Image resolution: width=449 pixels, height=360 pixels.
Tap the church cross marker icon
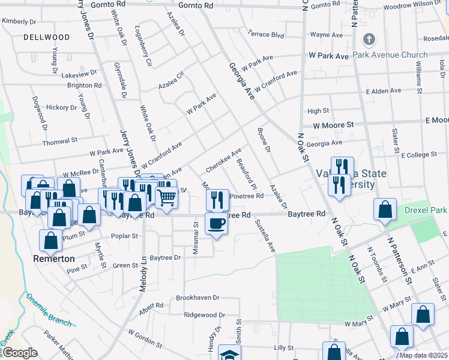pos(369,40)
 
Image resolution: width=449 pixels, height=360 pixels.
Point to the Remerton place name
pos(54,259)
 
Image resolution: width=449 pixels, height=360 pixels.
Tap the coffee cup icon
pos(217,224)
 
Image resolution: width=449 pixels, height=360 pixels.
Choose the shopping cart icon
pos(167,196)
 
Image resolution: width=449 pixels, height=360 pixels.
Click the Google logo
pos(20,353)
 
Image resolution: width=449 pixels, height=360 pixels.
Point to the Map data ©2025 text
pos(423,355)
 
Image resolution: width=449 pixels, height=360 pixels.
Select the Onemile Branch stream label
pos(48,310)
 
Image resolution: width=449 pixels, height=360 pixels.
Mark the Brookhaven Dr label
pos(198,298)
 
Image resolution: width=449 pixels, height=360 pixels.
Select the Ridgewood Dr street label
pos(204,314)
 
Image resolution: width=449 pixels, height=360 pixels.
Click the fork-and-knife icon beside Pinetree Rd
pos(217,199)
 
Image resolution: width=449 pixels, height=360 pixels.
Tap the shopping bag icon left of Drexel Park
pos(385,209)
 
